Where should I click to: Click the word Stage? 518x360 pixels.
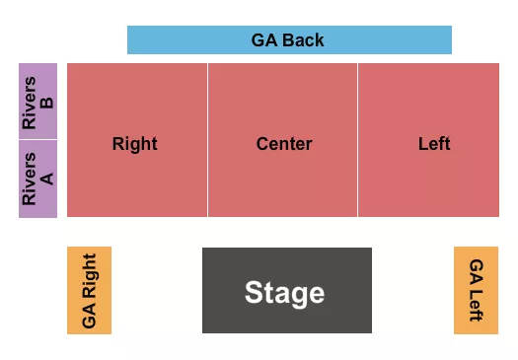[284, 293]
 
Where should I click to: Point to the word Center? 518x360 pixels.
[284, 144]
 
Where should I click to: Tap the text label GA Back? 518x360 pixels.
[287, 40]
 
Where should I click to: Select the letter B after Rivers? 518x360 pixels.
[48, 102]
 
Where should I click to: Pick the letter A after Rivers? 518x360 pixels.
[48, 179]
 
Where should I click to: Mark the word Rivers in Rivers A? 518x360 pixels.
[30, 179]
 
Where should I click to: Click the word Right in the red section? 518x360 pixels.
[134, 144]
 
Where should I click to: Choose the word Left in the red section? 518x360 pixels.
[434, 144]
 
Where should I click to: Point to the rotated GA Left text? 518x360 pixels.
[477, 290]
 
